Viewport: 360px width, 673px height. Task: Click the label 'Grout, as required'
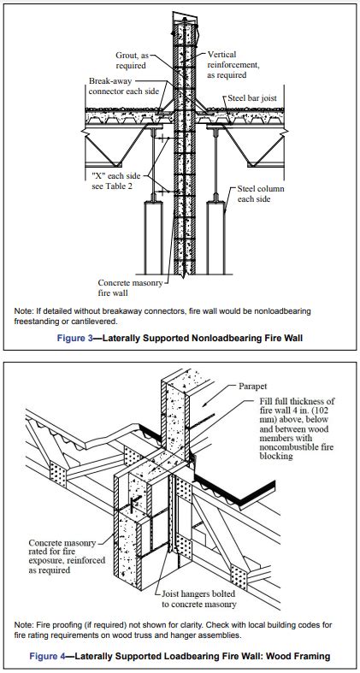[x=132, y=61]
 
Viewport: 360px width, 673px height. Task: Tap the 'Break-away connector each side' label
[x=124, y=86]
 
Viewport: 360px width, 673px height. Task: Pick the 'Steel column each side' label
[x=261, y=193]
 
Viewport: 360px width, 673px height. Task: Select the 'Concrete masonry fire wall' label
[x=130, y=288]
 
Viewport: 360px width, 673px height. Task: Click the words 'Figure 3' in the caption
[x=74, y=339]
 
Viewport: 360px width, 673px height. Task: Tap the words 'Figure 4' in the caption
[x=47, y=656]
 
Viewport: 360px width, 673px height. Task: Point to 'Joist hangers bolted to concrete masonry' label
[x=198, y=599]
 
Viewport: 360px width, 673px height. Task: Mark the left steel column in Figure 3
[x=154, y=238]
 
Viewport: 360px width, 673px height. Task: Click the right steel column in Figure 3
[x=215, y=238]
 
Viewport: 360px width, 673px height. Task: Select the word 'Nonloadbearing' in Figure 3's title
[x=233, y=339]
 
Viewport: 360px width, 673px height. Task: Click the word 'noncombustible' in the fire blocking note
[x=290, y=447]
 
